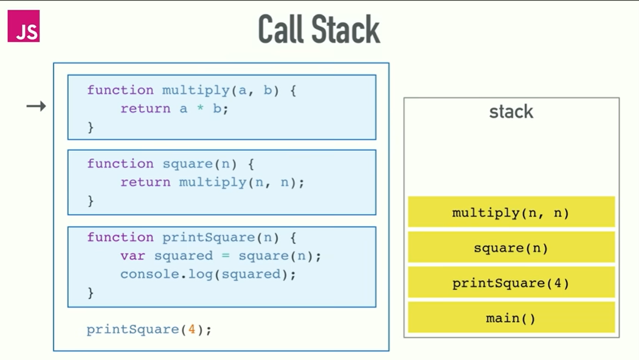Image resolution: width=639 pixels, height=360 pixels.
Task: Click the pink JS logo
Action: coord(24,26)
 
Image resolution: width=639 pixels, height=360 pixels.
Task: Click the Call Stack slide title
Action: coord(319,29)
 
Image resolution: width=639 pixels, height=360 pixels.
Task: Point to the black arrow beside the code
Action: coord(36,106)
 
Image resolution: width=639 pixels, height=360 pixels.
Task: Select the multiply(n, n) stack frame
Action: coord(511,213)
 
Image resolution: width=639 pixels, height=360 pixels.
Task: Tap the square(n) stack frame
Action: coord(511,248)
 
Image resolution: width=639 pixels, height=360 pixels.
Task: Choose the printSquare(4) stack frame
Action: coord(511,283)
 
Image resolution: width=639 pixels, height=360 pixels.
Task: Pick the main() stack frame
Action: coord(511,318)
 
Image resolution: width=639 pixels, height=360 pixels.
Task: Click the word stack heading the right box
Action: coord(511,112)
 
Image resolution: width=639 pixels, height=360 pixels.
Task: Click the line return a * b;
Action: coord(174,109)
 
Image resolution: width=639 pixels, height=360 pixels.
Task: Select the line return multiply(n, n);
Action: coord(212,182)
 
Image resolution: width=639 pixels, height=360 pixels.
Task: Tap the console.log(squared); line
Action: coord(208,274)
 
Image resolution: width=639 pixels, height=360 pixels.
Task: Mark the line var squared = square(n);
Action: coord(221,256)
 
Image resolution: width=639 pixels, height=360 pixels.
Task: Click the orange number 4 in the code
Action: coord(192,330)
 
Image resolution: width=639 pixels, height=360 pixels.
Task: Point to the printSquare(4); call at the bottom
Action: coord(149,330)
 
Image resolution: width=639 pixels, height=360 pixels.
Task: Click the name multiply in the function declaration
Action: coord(196,91)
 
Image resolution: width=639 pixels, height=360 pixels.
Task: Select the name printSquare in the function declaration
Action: coord(208,238)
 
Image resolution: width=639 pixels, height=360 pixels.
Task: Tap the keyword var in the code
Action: coord(133,256)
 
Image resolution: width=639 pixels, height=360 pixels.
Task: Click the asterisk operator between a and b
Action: coord(200,109)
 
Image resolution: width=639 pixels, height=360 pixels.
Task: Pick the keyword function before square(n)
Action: coord(120,164)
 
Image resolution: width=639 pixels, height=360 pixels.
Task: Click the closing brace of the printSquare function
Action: coord(91,293)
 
